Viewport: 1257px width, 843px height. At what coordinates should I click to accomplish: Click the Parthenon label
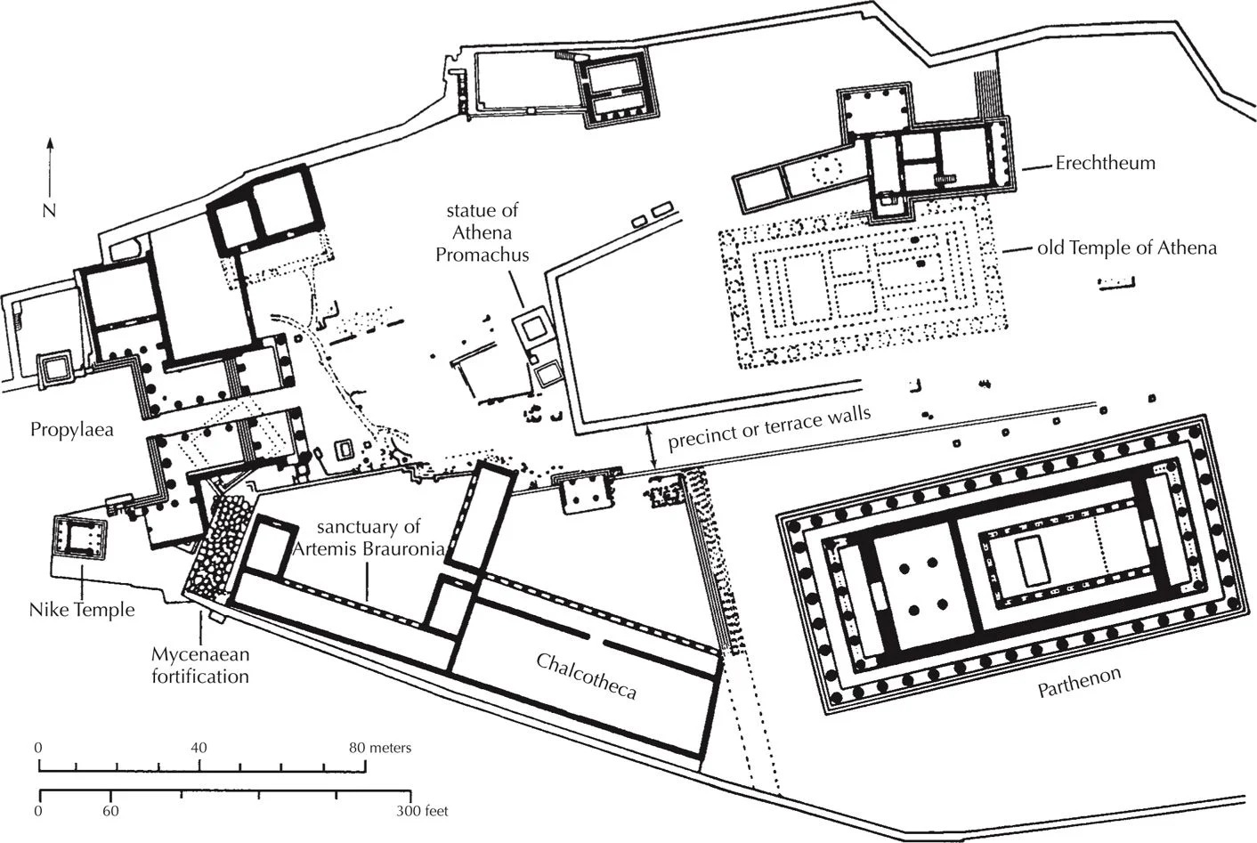coord(1079,683)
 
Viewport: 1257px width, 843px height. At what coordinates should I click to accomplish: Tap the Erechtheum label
coord(1105,163)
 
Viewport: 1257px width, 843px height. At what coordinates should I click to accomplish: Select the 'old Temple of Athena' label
coord(1126,247)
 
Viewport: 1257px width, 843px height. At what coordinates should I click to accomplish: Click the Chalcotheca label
coord(586,677)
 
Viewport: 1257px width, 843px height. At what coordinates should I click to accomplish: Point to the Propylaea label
coord(72,429)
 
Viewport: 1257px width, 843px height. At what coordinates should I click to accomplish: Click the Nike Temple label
coord(82,610)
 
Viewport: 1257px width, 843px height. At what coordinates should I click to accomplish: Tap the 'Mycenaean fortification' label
coord(199,665)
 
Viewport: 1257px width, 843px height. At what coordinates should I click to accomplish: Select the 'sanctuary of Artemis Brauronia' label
coord(368,538)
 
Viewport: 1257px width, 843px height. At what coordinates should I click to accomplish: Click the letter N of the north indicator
coord(50,210)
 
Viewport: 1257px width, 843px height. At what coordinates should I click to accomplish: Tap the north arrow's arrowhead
coord(50,142)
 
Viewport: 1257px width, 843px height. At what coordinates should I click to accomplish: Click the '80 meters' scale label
coord(379,748)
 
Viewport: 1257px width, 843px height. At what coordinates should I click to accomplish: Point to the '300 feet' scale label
coord(422,811)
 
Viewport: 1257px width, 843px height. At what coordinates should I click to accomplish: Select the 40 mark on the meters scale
coord(199,748)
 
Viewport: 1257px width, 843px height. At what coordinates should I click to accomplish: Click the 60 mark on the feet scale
coord(110,811)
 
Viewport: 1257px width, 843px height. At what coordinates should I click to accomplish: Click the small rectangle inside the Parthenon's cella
coord(1033,561)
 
